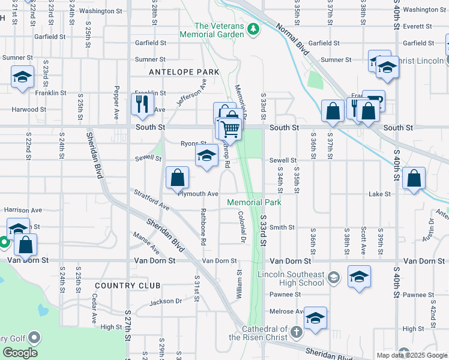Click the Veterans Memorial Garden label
click(219, 30)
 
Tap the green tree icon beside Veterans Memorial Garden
click(254, 28)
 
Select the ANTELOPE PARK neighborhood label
click(184, 72)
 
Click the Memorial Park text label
click(254, 203)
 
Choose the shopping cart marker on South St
click(229, 128)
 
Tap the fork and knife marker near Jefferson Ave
click(142, 104)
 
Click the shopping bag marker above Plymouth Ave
click(178, 178)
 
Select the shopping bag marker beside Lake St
click(414, 178)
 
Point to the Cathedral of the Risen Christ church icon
click(295, 332)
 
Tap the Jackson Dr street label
click(166, 301)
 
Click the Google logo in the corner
click(20, 353)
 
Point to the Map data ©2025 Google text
click(412, 355)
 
